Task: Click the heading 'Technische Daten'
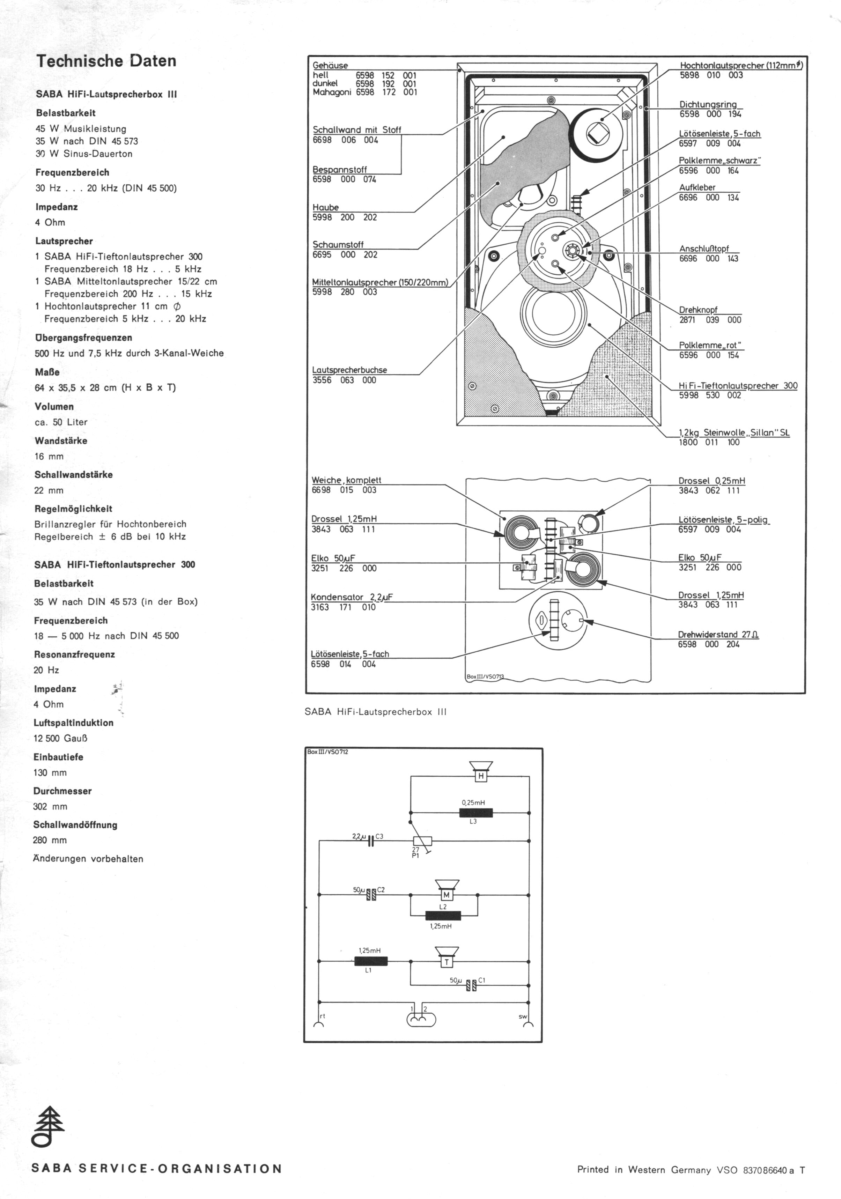[106, 61]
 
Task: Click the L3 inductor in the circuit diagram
[476, 813]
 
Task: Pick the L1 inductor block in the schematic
[371, 961]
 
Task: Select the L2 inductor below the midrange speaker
[443, 916]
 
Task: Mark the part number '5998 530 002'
[710, 395]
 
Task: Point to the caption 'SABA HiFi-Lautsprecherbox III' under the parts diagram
[375, 712]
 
